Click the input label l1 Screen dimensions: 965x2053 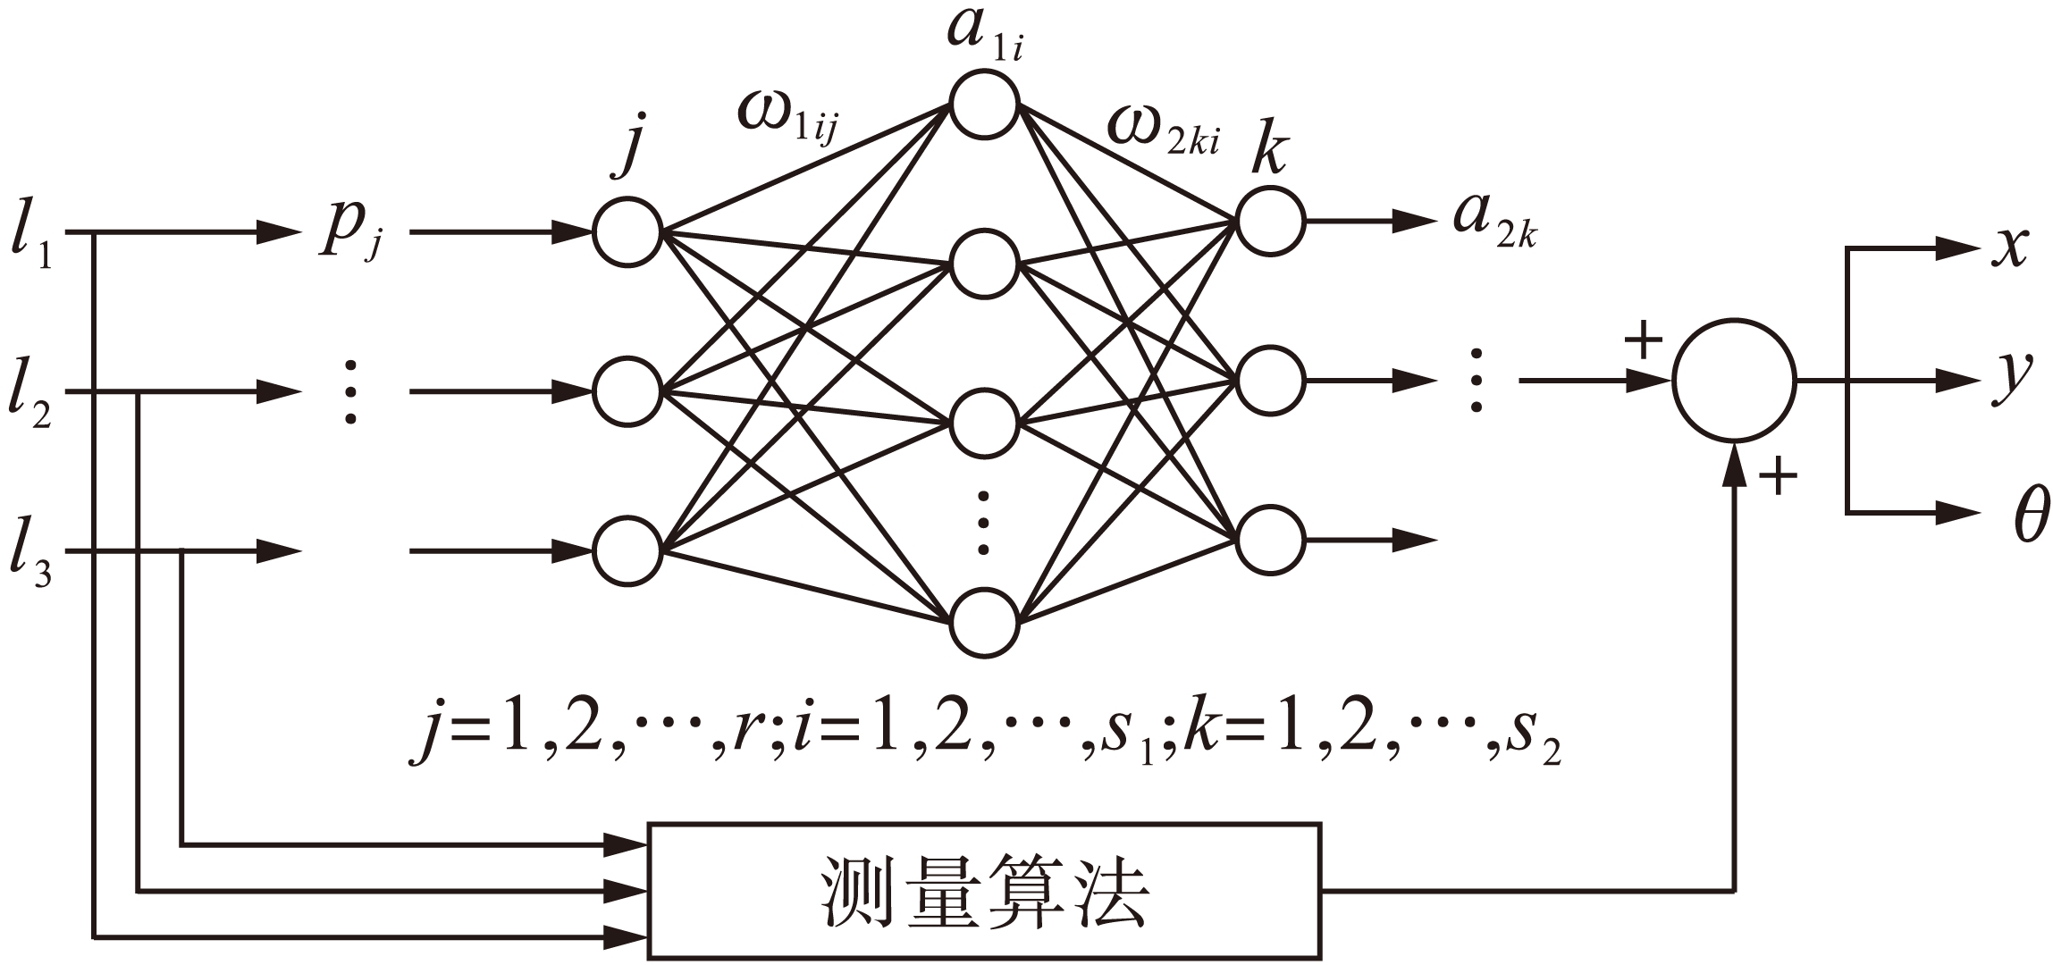pos(31,236)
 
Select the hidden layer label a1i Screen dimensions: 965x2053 pos(983,36)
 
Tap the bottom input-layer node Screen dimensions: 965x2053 pos(627,550)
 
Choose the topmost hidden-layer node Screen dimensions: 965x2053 pos(984,105)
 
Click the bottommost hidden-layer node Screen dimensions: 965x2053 pos(984,623)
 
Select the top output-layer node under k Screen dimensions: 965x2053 pos(1270,220)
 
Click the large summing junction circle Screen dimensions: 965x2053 pos(1733,381)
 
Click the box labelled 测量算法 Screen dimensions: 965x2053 pos(983,890)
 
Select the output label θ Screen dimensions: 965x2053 pos(2030,516)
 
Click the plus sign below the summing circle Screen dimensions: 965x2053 pos(1777,477)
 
